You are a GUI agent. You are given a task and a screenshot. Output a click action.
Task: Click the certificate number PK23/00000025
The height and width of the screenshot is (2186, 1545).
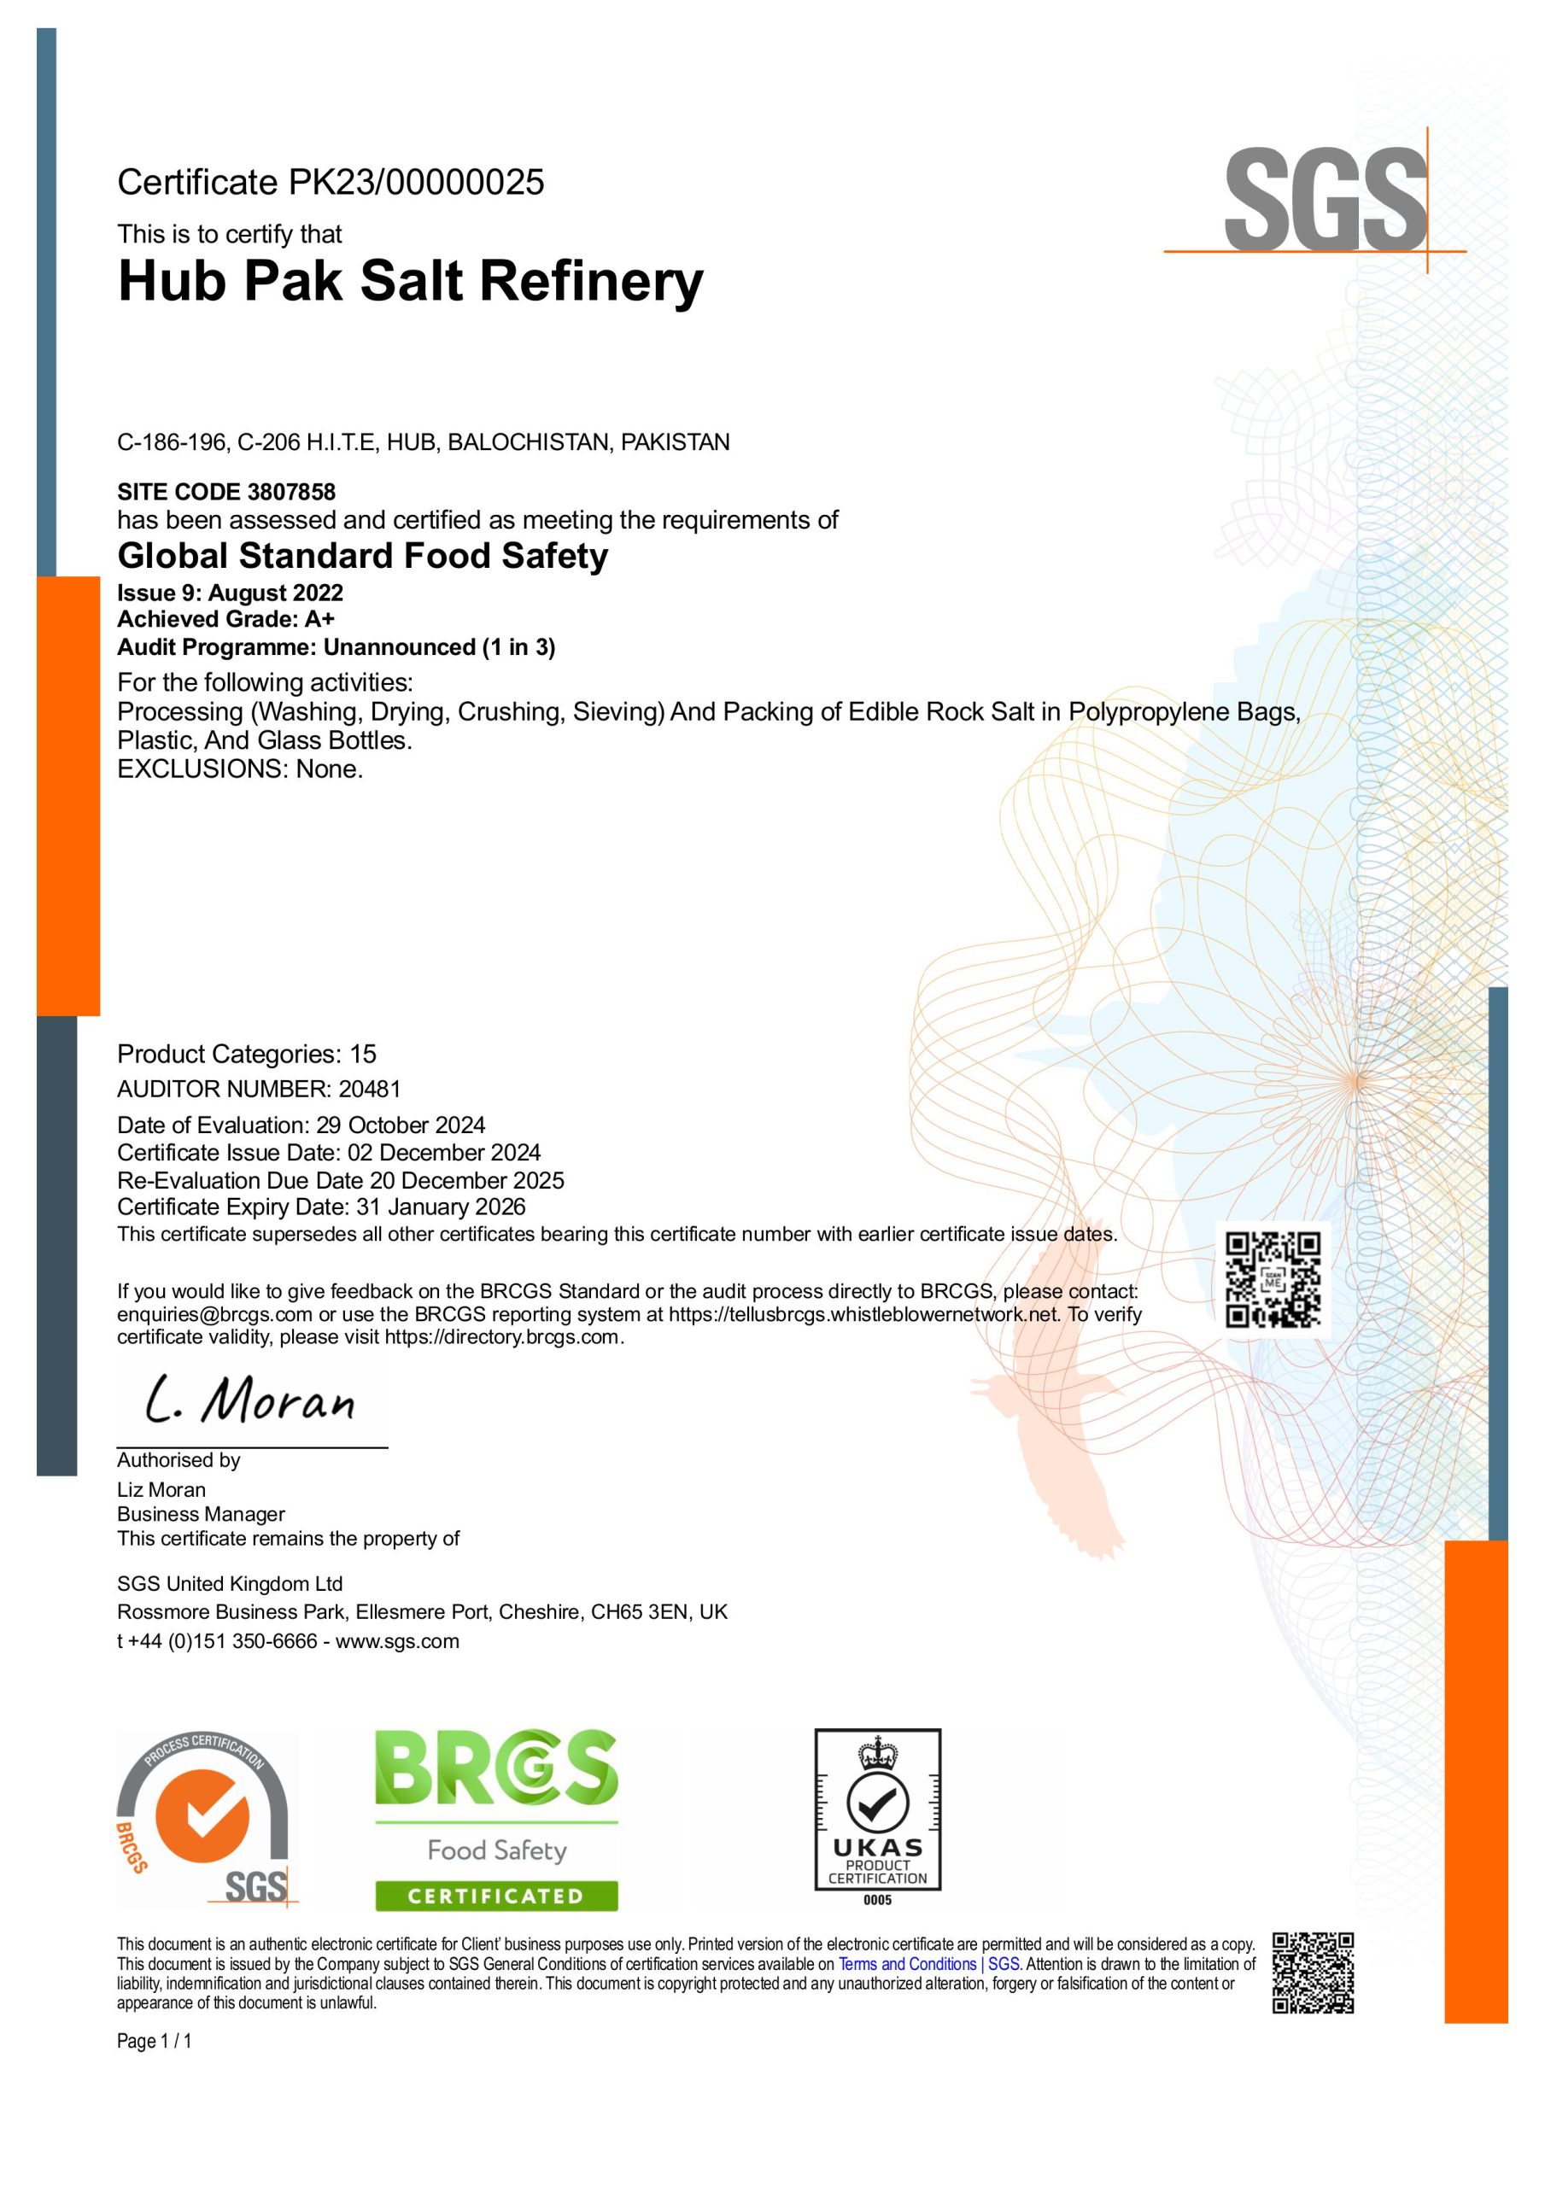416,183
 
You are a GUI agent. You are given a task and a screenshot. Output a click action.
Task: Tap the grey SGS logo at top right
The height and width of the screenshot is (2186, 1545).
1325,200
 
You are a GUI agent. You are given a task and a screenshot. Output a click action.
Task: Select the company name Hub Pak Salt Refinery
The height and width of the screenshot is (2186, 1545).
411,282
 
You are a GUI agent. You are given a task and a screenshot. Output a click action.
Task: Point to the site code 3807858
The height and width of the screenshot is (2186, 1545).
291,492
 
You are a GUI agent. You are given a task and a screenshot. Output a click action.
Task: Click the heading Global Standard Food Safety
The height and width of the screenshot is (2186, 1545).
362,556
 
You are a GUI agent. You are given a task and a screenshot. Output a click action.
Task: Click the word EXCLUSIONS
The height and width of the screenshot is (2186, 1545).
199,769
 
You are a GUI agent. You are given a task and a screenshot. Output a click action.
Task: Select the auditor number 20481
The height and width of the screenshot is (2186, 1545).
370,1090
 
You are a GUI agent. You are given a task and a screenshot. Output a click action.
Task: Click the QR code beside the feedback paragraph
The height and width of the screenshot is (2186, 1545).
1273,1280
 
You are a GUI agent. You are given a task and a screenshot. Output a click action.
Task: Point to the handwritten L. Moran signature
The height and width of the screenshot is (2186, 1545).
249,1400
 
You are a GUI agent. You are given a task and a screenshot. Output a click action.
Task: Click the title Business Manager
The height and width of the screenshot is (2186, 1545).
201,1514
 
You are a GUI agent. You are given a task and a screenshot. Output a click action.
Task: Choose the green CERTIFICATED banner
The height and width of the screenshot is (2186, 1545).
495,1896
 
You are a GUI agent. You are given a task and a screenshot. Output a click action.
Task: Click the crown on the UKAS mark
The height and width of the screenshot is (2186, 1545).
877,1753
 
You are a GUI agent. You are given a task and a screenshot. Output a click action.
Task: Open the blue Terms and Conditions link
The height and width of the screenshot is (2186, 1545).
928,1964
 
